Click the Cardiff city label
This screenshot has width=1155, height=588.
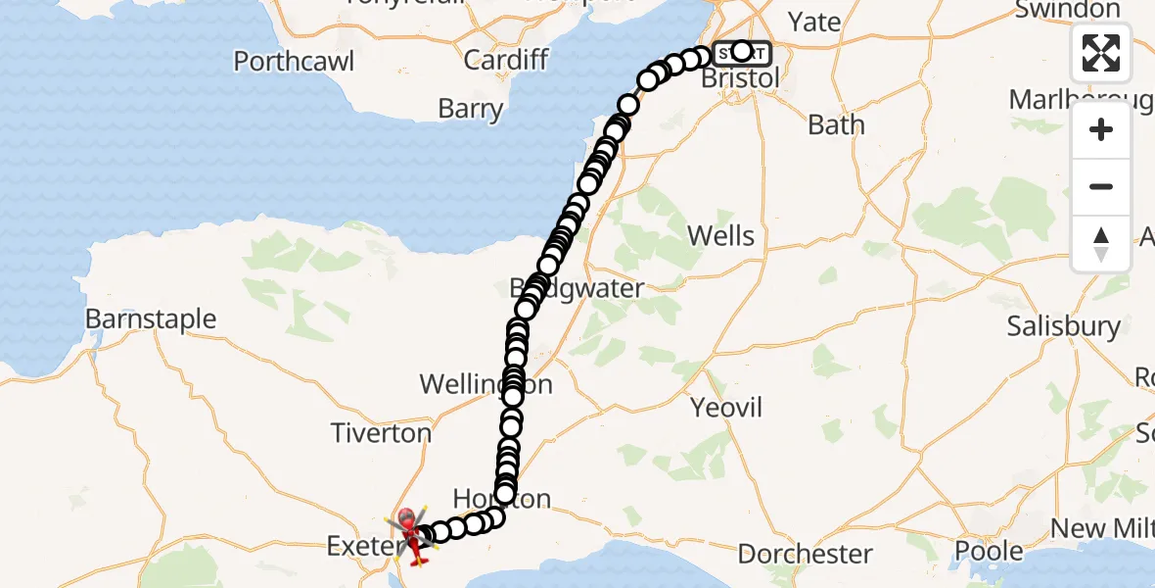(x=506, y=60)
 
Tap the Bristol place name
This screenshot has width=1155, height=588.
(x=741, y=78)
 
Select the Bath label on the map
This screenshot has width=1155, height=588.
(x=837, y=125)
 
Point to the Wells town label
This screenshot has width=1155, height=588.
(x=721, y=235)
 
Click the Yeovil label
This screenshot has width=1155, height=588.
(x=726, y=408)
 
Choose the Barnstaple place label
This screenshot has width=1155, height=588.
(x=151, y=319)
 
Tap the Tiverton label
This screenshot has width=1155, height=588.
(x=381, y=433)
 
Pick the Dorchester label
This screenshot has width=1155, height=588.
(x=805, y=554)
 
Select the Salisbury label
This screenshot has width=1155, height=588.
(x=1064, y=326)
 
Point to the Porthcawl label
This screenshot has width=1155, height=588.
(x=293, y=62)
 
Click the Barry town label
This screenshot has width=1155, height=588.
(x=471, y=108)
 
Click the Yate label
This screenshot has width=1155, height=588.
(x=815, y=22)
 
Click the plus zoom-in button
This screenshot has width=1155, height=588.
(x=1101, y=130)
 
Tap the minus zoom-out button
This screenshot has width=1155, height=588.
(x=1101, y=186)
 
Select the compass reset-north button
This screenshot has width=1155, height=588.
(x=1101, y=243)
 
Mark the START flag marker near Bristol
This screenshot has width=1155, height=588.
(x=741, y=51)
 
